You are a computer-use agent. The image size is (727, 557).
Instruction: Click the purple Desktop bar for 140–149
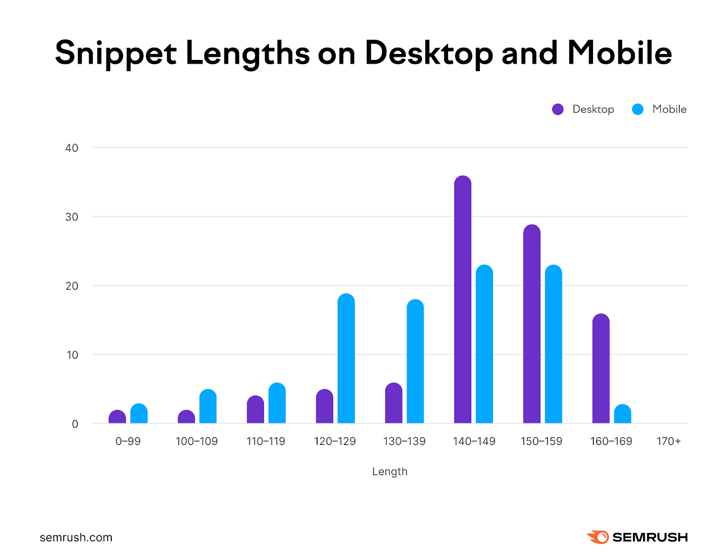tap(463, 300)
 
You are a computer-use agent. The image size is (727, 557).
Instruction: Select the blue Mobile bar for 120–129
tap(346, 359)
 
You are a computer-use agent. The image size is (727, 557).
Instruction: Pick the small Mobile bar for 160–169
tap(622, 414)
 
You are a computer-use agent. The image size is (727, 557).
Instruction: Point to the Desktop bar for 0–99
tap(117, 417)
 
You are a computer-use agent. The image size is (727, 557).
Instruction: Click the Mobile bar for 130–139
tap(415, 361)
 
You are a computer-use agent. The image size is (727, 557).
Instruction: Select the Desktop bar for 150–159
tap(532, 324)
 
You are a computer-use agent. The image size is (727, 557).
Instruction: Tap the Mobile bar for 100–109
tap(208, 406)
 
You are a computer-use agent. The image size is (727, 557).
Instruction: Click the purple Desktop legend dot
tap(558, 109)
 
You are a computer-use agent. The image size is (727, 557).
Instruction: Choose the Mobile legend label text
tap(669, 109)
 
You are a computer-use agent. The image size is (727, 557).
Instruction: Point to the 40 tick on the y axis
tap(72, 148)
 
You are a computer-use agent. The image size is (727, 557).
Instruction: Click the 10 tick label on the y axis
tap(72, 355)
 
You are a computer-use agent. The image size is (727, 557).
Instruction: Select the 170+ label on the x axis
tap(668, 441)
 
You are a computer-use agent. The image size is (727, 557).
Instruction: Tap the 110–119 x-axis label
tap(266, 441)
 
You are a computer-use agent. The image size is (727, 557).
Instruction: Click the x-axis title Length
tap(389, 471)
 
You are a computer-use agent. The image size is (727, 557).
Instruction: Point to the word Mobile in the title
tap(619, 53)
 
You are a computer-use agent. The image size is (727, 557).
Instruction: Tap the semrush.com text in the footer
tap(76, 537)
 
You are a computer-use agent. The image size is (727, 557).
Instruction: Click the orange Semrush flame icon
tap(598, 537)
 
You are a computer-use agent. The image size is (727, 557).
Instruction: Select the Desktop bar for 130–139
tap(393, 403)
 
